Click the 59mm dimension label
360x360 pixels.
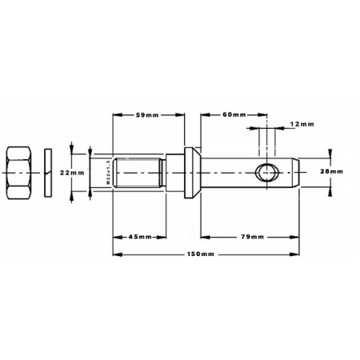147,115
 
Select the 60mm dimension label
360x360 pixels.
234,114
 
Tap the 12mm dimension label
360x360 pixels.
302,124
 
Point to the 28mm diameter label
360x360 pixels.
331,171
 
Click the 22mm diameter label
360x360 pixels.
72,173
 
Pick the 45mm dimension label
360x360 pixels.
140,237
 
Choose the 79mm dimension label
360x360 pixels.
252,237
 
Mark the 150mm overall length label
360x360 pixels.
201,254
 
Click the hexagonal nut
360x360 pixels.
19,173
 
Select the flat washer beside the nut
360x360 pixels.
48,173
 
